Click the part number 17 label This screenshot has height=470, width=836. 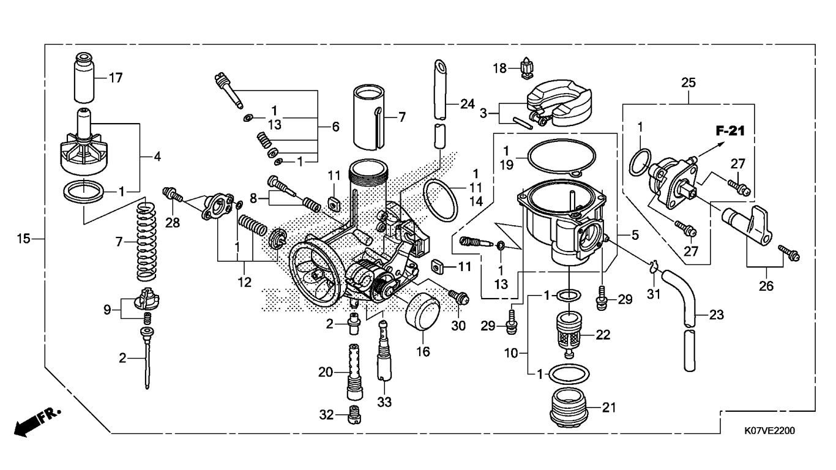pyautogui.click(x=115, y=78)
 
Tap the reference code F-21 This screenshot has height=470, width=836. pyautogui.click(x=730, y=131)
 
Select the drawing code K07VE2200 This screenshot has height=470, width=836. pyautogui.click(x=769, y=430)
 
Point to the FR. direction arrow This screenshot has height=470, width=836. pyautogui.click(x=37, y=422)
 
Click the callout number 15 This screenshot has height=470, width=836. pyautogui.click(x=23, y=239)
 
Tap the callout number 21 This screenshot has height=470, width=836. pyautogui.click(x=609, y=408)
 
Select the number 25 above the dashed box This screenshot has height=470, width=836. pyautogui.click(x=689, y=83)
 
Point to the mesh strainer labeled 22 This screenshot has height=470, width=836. pyautogui.click(x=569, y=335)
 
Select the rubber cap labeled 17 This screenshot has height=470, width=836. pyautogui.click(x=84, y=77)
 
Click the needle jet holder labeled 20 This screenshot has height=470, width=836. pyautogui.click(x=354, y=371)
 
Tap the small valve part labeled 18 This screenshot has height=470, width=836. pyautogui.click(x=526, y=69)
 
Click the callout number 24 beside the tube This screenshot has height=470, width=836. pyautogui.click(x=467, y=104)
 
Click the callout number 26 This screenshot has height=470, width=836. pyautogui.click(x=766, y=286)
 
